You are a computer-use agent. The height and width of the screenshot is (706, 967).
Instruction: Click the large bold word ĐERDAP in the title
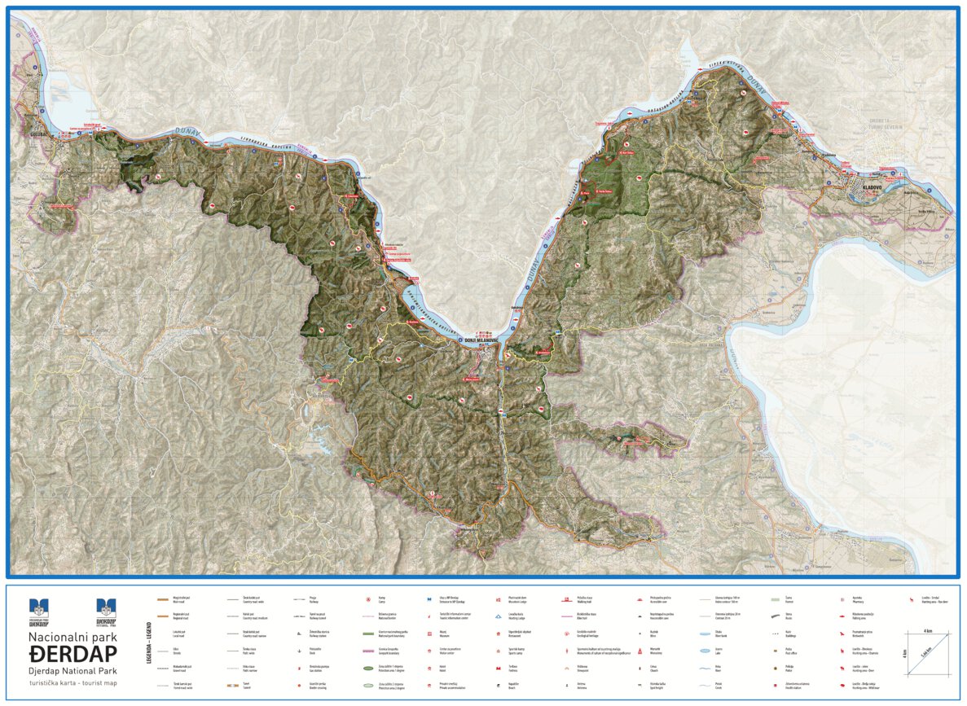pyautogui.click(x=73, y=653)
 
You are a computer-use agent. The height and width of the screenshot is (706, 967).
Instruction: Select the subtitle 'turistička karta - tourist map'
pyautogui.click(x=73, y=682)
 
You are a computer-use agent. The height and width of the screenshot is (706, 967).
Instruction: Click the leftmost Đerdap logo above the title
pyautogui.click(x=39, y=608)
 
